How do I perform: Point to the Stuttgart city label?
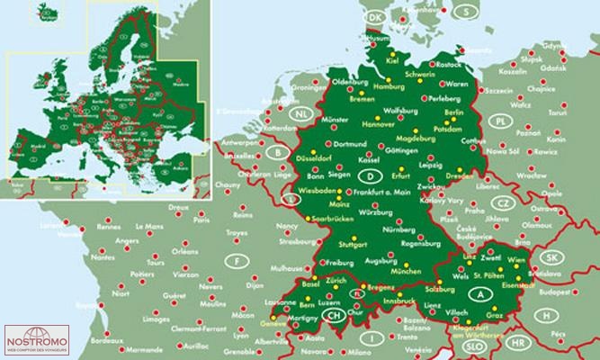pyautogui.click(x=329, y=244)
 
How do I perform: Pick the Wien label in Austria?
pyautogui.click(x=516, y=259)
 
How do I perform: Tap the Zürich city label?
pyautogui.click(x=336, y=282)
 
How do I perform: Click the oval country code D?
pyautogui.click(x=366, y=175)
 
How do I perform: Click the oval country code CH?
pyautogui.click(x=333, y=316)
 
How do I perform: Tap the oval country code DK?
pyautogui.click(x=376, y=17)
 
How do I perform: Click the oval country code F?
pyautogui.click(x=237, y=262)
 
